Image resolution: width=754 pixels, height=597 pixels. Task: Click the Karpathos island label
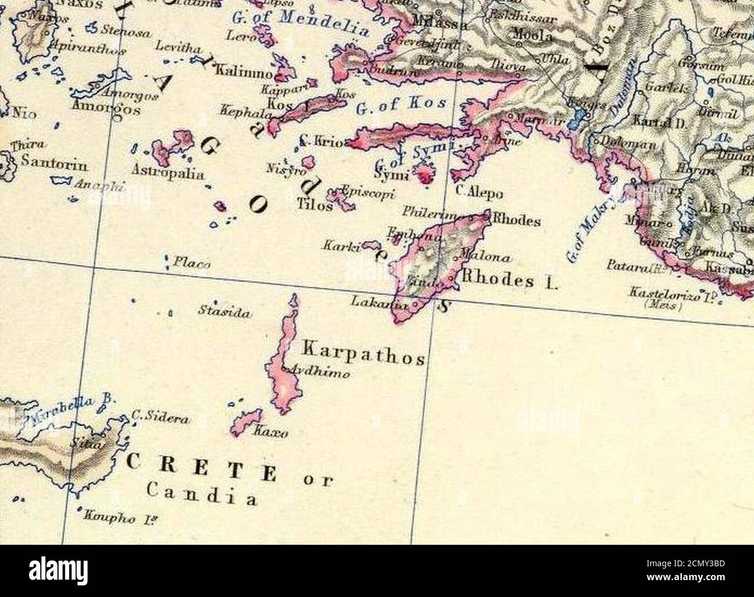pos(364,353)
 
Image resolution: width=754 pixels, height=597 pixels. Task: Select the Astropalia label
pos(168,173)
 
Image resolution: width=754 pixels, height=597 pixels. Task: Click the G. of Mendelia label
pos(300,23)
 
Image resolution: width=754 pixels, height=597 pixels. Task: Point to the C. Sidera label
pos(159,417)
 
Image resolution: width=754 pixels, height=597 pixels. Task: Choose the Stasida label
pos(224,313)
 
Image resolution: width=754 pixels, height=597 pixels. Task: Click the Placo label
pos(192,263)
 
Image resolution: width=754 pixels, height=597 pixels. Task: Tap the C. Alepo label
pos(479,194)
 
